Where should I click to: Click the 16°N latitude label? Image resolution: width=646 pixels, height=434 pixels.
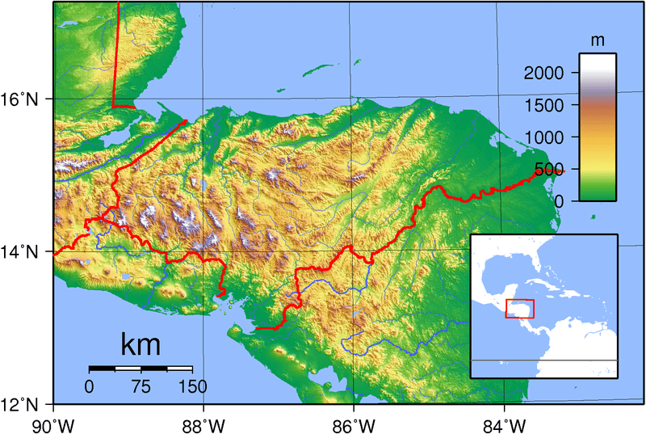tap(23, 100)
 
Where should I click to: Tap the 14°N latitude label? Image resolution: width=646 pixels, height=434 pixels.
tap(23, 252)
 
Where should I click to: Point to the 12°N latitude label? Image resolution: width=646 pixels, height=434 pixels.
tap(23, 405)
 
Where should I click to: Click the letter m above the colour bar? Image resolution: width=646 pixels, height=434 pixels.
tap(598, 40)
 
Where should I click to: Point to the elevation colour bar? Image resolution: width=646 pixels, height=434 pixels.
tap(598, 127)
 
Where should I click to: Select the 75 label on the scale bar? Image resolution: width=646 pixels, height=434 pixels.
tap(141, 386)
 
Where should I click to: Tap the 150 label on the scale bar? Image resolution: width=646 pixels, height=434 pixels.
tap(191, 386)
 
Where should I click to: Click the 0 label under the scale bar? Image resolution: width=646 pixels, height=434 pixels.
tap(90, 386)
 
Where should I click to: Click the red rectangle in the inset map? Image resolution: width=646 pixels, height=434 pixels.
tap(519, 308)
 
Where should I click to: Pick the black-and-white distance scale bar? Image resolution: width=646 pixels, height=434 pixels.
tap(141, 369)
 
